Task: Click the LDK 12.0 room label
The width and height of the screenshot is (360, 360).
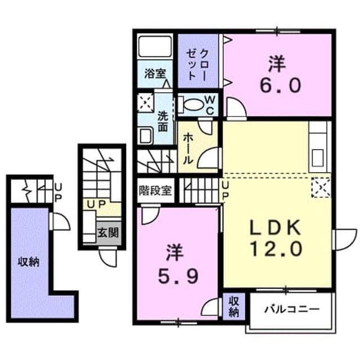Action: pos(275,238)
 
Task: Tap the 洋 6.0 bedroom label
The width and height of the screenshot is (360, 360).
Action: pos(280,74)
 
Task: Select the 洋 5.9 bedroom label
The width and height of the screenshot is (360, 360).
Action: pos(178,264)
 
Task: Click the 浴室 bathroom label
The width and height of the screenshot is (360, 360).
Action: pos(155,74)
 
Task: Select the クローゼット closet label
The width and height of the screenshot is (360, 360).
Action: pos(197,65)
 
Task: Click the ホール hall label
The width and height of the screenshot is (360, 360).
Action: pos(188,148)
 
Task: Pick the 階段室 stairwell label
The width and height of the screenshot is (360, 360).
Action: pos(155,190)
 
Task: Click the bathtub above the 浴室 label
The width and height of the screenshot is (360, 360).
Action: pos(155,46)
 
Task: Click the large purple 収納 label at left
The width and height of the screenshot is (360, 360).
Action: pos(29,262)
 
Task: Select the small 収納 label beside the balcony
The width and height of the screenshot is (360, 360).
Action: pos(234,307)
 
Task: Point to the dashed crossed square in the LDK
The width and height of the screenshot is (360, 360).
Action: pos(321,187)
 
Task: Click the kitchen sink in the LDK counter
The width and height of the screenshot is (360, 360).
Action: pos(318,158)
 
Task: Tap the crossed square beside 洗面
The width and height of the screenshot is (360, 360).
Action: pos(146,102)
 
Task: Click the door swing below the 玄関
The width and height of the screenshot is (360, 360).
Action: pos(108,258)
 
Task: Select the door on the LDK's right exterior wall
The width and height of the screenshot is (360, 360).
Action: pos(345,240)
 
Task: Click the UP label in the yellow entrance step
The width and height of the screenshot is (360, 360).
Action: pos(97,204)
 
